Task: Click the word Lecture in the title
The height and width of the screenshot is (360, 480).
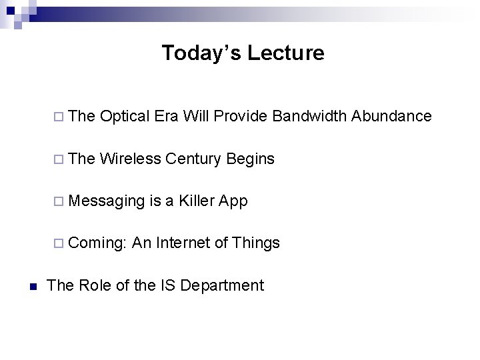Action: (286, 53)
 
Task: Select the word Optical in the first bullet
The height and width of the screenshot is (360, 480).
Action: (125, 116)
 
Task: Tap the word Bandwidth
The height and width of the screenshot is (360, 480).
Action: (309, 116)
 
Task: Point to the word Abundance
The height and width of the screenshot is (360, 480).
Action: (391, 116)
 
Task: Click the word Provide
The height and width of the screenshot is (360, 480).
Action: (241, 116)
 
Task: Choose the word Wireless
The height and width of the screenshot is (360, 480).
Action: (131, 159)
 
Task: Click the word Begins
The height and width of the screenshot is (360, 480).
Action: (250, 159)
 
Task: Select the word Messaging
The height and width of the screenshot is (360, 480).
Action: (106, 201)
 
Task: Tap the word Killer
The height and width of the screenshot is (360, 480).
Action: (199, 201)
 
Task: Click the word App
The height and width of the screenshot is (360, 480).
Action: (234, 201)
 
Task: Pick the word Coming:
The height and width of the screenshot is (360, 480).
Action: (97, 243)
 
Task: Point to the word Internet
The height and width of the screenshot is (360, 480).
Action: (183, 243)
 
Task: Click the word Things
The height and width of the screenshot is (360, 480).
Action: (256, 243)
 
